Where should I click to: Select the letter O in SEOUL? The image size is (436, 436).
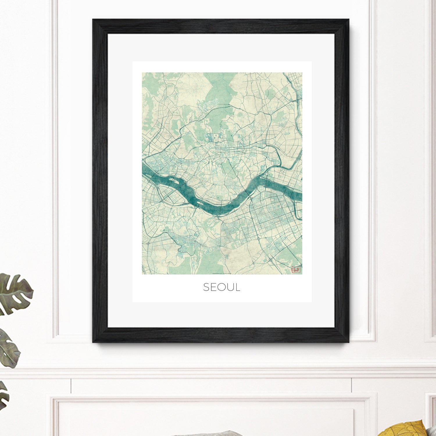[222, 287]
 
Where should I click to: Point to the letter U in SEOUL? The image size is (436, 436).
[230, 287]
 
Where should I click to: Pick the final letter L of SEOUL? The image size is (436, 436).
[237, 287]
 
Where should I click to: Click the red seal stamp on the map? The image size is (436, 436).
[296, 270]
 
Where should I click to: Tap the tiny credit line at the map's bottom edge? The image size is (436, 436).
[222, 273]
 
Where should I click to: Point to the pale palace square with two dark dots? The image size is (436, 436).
[215, 137]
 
